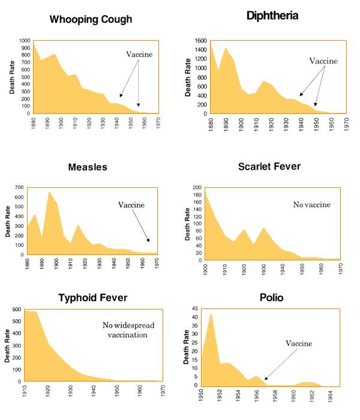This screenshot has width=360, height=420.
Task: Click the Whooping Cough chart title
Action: tap(90, 19)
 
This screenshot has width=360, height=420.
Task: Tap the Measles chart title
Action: tap(87, 167)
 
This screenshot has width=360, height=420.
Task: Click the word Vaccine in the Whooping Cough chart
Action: tap(139, 55)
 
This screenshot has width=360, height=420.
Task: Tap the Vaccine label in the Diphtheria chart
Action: tap(323, 61)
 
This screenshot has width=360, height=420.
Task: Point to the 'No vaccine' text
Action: tap(311, 205)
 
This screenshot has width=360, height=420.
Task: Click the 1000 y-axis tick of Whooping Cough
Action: tap(24, 40)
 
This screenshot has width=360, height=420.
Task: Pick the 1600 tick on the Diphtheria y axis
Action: tap(201, 40)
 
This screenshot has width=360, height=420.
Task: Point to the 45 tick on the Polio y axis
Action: tap(196, 310)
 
